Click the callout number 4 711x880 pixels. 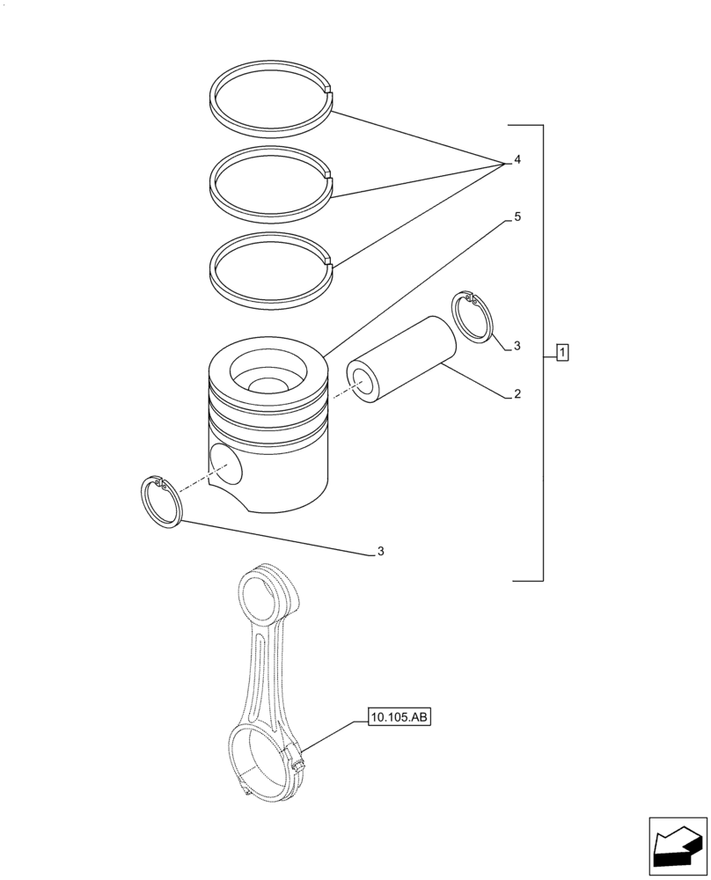click(x=517, y=160)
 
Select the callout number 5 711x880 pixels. click(x=517, y=216)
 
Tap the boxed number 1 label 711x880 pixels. click(x=562, y=354)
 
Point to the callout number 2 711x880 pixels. click(x=517, y=394)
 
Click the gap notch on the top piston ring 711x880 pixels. click(x=329, y=92)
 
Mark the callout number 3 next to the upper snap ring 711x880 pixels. click(x=517, y=346)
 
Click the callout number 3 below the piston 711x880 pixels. click(x=380, y=552)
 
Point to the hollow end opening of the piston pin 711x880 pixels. click(x=363, y=380)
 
